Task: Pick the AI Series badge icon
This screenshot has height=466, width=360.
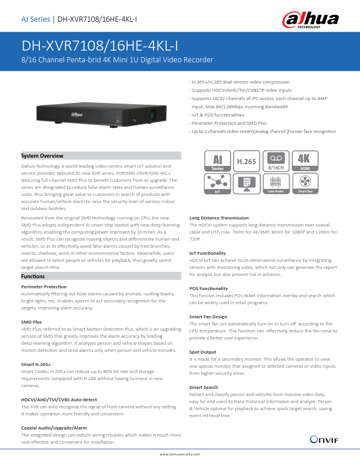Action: [x=216, y=161]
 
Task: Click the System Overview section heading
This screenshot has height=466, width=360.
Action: [x=42, y=155]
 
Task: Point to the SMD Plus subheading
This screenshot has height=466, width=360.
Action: [x=31, y=322]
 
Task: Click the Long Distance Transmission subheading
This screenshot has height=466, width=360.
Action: [x=218, y=218]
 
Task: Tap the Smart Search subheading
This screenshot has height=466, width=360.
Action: [x=204, y=387]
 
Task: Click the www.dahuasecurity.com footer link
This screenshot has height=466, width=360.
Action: [x=180, y=454]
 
